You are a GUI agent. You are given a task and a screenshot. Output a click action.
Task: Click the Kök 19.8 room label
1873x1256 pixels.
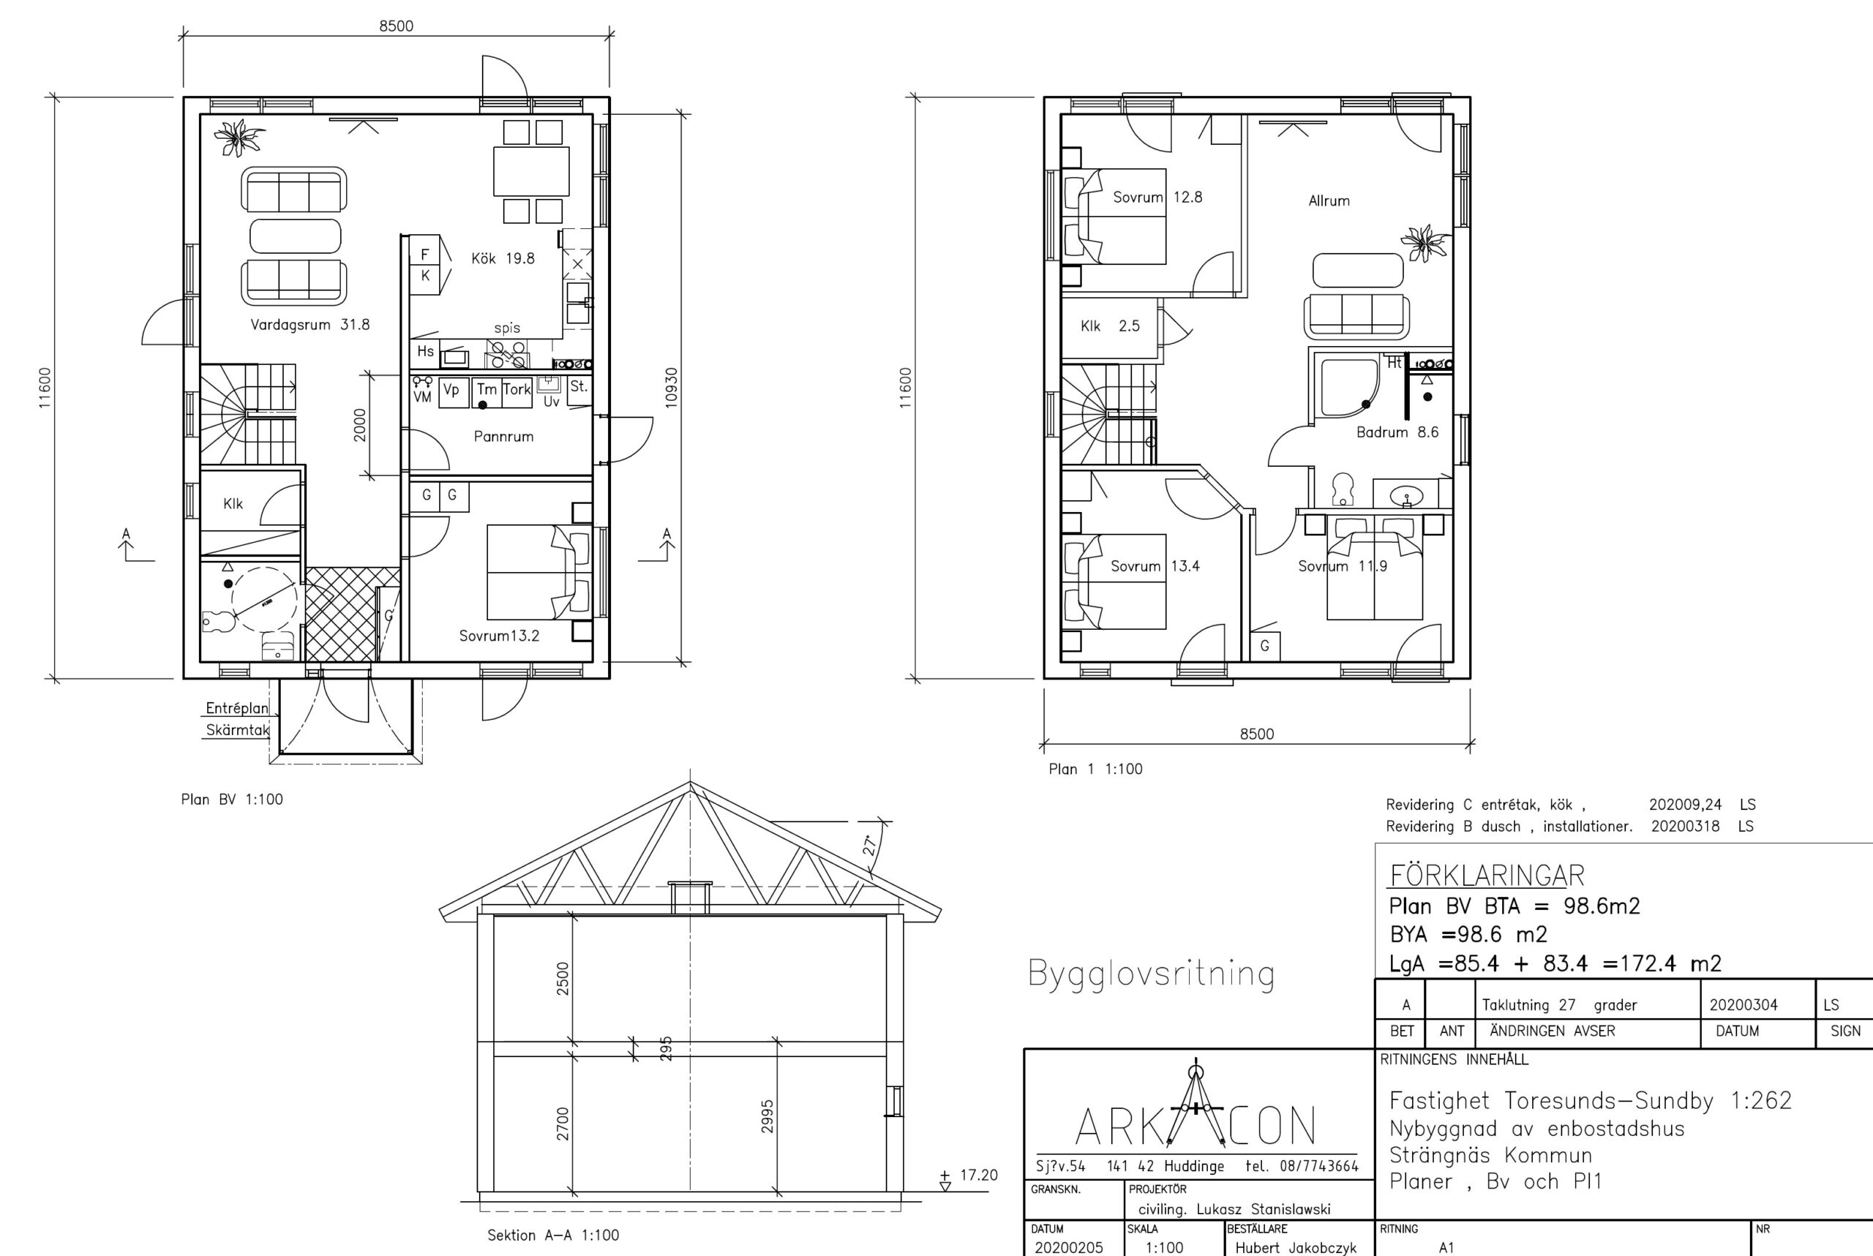503,258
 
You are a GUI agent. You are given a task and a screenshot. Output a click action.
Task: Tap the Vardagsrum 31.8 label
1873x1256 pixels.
310,324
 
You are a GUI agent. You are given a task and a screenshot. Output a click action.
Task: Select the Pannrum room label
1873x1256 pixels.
503,437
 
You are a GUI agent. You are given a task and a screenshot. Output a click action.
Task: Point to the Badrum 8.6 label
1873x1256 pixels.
1397,432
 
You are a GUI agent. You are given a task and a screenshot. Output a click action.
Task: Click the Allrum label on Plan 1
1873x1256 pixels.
1329,201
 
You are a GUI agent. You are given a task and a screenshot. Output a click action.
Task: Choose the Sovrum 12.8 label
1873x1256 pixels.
1157,197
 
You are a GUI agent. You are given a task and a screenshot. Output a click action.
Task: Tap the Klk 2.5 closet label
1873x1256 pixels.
1110,326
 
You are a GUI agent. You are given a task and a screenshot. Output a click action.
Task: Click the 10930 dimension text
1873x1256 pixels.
672,388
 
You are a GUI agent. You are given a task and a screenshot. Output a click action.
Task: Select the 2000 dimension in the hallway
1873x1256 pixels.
360,424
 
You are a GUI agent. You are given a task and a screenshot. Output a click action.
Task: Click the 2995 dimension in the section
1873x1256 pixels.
767,1116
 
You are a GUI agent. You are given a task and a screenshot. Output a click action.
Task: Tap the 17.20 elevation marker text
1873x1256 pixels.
978,1175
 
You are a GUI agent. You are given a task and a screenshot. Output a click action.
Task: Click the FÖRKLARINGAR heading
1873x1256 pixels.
1487,876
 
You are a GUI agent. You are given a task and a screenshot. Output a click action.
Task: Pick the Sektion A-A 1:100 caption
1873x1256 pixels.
553,1236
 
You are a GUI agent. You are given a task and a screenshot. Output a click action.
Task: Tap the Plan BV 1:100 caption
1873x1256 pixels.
231,800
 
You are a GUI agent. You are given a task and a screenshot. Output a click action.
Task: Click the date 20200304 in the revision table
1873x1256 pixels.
1743,1005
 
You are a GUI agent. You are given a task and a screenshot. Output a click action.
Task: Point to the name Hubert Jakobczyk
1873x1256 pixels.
1296,1248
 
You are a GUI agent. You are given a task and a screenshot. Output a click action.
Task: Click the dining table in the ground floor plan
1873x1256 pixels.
531,171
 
